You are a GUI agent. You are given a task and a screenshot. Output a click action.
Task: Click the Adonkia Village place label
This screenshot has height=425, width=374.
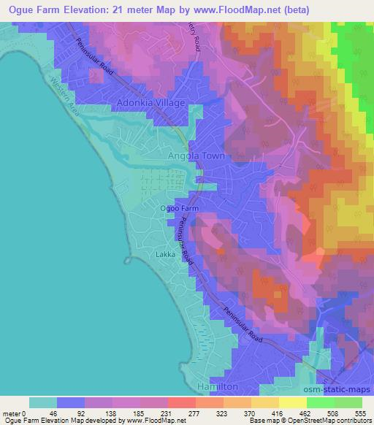tap(151, 104)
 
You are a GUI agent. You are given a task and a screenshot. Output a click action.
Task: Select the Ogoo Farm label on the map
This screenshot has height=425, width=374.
tap(179, 208)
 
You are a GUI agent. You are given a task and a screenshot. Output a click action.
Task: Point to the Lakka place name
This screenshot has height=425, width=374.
tap(166, 255)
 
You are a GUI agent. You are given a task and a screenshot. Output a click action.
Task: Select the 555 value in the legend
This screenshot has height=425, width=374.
tap(361, 413)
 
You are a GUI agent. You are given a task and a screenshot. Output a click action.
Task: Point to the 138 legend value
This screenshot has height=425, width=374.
tap(112, 413)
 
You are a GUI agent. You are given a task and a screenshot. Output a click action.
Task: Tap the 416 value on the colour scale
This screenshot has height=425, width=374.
tap(278, 413)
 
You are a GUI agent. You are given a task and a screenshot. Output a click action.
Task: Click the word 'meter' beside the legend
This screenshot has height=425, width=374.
tap(12, 413)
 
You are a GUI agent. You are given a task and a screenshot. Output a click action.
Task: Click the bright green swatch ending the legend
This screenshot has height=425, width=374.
tap(348, 402)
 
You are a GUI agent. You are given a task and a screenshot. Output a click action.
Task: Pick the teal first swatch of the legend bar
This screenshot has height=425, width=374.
tap(43, 402)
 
